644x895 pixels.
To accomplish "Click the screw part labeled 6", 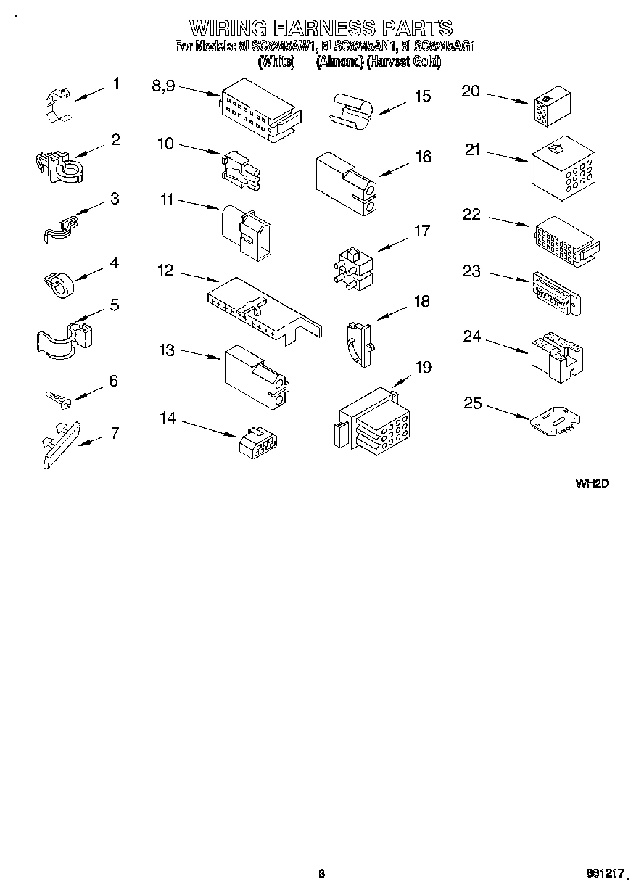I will pos(57,397).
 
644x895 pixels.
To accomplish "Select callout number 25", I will pos(472,403).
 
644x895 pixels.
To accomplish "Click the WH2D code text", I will pos(592,484).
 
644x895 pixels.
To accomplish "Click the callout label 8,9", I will pos(163,86).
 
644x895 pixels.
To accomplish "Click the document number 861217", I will pos(605,875).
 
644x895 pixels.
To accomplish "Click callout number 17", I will pos(421,231).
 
